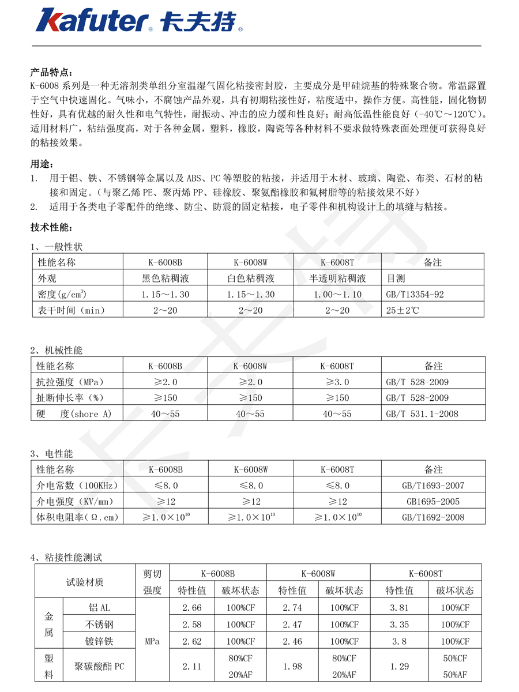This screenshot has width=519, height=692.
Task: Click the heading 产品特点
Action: coord(51,72)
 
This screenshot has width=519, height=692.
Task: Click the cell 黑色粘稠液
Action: coord(166,279)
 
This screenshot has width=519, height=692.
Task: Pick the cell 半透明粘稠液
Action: coord(338,279)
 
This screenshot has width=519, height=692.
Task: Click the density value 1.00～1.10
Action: coord(338,294)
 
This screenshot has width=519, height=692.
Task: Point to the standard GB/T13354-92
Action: coord(415,294)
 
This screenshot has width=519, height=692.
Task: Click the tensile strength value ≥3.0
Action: coord(337,382)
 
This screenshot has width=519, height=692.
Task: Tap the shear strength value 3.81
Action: coord(399,608)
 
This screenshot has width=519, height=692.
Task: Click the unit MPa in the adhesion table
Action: coord(153,641)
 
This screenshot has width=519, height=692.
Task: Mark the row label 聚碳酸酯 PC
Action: coord(99,667)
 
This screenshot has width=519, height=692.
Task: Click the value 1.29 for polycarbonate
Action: coord(399,667)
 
